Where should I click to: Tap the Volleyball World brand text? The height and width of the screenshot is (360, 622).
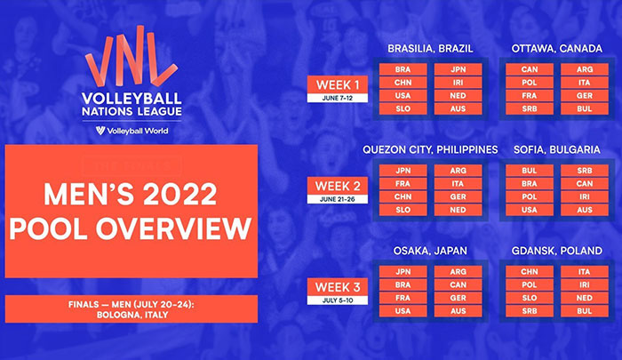coord(137,131)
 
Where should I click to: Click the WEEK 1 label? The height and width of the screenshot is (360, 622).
coord(337,85)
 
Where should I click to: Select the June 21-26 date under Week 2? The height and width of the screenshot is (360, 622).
coord(338,199)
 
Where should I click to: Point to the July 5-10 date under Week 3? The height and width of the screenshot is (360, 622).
coord(338,300)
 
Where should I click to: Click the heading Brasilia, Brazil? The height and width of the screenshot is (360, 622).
coord(430,48)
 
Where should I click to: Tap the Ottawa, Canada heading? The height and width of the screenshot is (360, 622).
coord(557,48)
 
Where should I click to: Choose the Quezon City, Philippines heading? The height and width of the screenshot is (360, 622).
coord(430,149)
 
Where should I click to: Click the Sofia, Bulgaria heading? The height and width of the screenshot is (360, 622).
coord(557,149)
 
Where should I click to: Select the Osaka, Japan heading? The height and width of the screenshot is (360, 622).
coord(430,251)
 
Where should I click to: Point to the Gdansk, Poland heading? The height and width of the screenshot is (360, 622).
coord(557,251)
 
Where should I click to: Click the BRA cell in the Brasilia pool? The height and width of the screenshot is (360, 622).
coord(403,69)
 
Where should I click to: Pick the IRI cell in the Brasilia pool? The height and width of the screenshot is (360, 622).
coord(459,83)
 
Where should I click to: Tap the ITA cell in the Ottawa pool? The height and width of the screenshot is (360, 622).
coord(585,83)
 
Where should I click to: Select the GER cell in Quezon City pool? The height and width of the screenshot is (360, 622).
coord(459,196)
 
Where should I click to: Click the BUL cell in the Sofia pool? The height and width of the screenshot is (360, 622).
coord(530,171)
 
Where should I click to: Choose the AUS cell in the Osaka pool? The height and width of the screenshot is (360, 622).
coord(459,311)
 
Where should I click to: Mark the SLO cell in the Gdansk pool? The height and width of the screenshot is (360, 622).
coord(530,298)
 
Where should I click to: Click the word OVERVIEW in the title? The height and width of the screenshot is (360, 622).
coord(174,228)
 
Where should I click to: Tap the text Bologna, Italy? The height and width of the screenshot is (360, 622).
coord(132,315)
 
